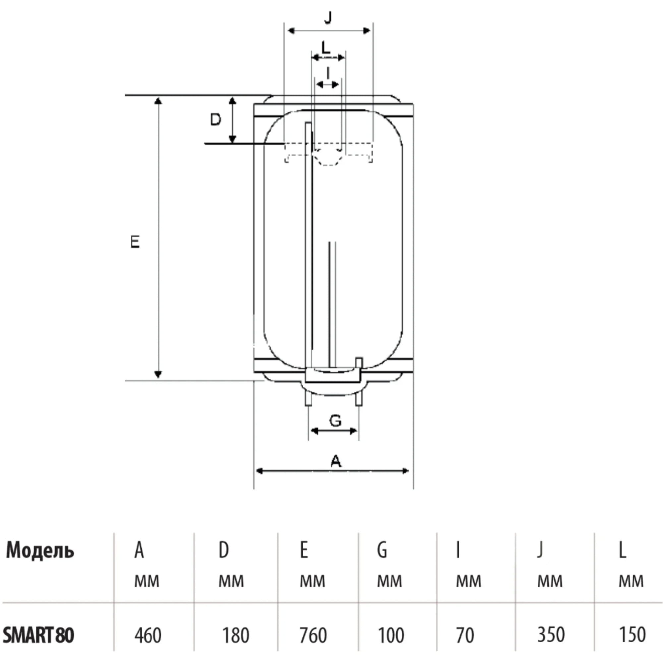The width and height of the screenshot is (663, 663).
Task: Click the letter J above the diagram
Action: pos(328,17)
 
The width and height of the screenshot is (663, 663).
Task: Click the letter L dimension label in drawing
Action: pos(325,47)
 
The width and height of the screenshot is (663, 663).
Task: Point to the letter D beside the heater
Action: pos(215,119)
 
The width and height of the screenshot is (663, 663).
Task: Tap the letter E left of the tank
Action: pos(135,242)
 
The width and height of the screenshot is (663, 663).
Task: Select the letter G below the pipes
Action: pos(335,420)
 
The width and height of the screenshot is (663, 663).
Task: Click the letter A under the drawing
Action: pos(336,461)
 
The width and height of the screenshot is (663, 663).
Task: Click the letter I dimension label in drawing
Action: pos(328,73)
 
